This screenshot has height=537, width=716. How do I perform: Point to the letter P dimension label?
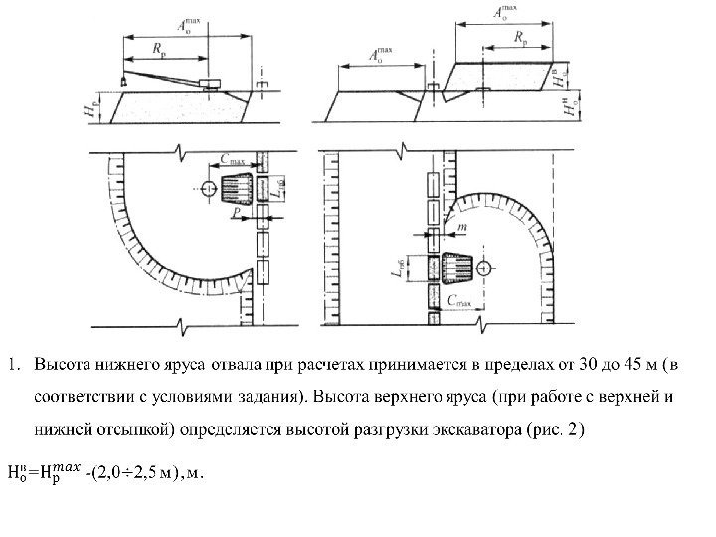coord(236,212)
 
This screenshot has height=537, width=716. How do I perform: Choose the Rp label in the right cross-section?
coord(522,37)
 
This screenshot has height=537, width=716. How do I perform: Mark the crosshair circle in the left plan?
coord(206,188)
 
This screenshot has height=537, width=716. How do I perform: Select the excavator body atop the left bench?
coord(210,83)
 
